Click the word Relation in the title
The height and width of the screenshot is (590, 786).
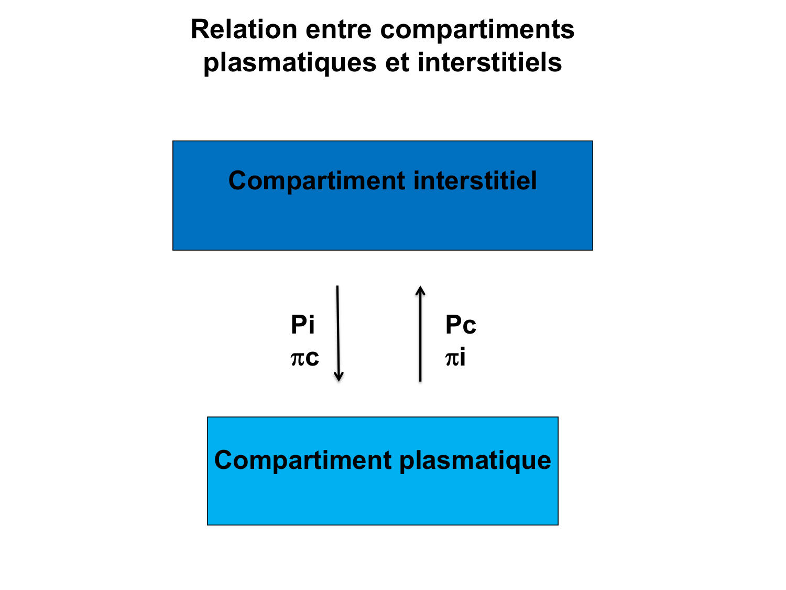click(x=244, y=29)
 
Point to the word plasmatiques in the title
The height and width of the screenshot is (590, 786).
click(x=290, y=63)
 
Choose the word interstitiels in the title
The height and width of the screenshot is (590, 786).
click(x=489, y=62)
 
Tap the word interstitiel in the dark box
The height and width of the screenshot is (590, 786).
click(x=475, y=181)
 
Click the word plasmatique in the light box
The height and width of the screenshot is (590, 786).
click(x=475, y=460)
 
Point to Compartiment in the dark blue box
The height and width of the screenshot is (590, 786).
click(x=317, y=181)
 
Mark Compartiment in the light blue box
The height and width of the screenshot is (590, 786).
click(x=303, y=460)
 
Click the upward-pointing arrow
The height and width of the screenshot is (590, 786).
click(x=420, y=336)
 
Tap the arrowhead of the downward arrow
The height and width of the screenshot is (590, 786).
click(x=339, y=376)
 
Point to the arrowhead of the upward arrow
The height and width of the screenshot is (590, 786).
click(x=420, y=291)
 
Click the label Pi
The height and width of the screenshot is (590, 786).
click(x=302, y=325)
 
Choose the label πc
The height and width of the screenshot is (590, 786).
click(x=304, y=358)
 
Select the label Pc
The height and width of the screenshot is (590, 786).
click(x=460, y=325)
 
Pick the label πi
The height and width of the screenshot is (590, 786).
click(x=455, y=358)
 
